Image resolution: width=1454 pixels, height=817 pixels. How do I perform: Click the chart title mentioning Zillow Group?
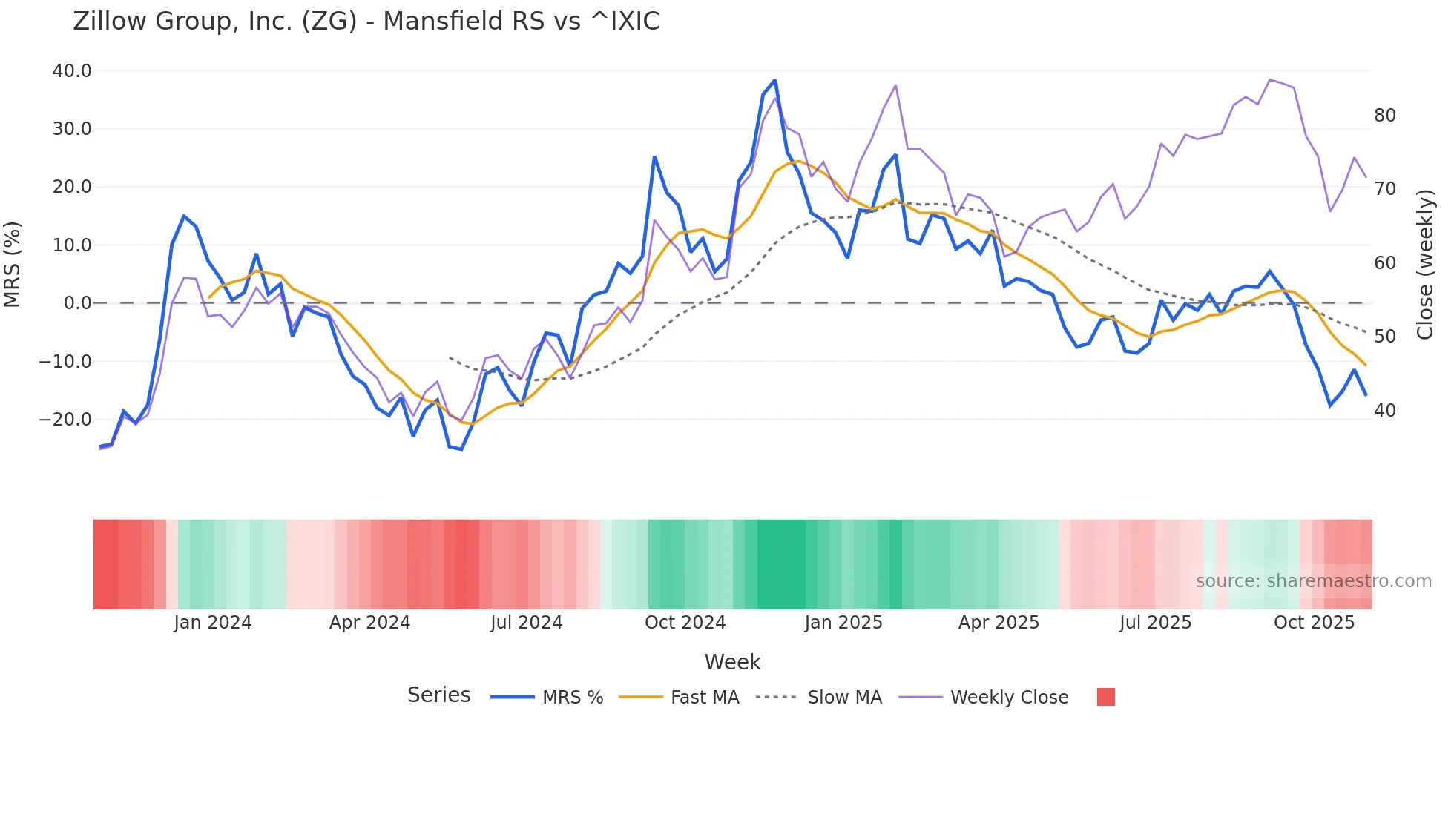(x=366, y=21)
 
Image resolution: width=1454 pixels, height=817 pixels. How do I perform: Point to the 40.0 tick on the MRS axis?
(x=72, y=71)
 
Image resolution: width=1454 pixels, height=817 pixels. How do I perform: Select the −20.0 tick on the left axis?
(x=65, y=420)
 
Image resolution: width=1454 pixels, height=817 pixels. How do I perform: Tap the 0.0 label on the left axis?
(x=78, y=303)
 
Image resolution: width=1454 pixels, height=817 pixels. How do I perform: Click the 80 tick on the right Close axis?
(x=1385, y=116)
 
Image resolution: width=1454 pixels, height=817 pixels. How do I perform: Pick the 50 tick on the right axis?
(x=1385, y=337)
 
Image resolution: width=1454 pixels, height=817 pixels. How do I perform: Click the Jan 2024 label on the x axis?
(x=213, y=623)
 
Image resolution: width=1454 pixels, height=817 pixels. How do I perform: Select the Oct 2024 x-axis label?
(x=685, y=623)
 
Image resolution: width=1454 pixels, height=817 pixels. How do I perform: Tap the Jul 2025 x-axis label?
(x=1155, y=623)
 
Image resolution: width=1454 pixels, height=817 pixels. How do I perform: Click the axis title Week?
(x=732, y=662)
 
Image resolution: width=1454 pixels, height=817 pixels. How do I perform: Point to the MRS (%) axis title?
(x=13, y=265)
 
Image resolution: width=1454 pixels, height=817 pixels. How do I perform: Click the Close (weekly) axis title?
(x=1424, y=265)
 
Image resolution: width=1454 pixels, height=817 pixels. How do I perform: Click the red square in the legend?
(x=1105, y=697)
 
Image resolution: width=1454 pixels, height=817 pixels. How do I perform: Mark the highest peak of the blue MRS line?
(x=774, y=80)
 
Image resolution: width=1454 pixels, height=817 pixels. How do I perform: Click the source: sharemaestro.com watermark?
(x=1313, y=581)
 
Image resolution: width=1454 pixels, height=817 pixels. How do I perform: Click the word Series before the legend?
(x=438, y=695)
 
